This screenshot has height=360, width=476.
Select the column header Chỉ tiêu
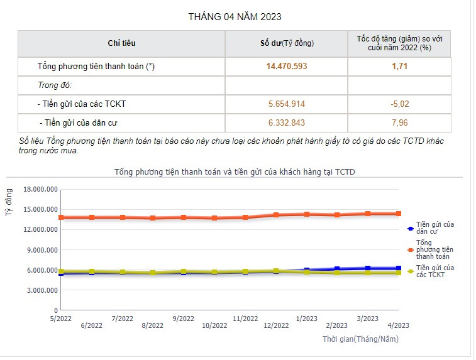[121, 43]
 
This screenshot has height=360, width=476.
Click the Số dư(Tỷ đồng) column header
[287, 43]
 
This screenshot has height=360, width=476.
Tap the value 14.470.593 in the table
[287, 66]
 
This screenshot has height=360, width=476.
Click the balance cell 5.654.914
[287, 104]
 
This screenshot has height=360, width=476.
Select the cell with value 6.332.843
[287, 123]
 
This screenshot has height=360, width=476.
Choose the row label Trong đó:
[55, 85]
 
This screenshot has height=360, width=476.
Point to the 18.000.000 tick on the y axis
[40, 189]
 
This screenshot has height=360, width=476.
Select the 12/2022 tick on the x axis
[276, 325]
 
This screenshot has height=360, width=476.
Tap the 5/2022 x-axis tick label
[61, 319]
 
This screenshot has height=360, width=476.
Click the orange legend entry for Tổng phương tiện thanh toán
[434, 249]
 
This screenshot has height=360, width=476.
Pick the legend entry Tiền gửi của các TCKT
[434, 271]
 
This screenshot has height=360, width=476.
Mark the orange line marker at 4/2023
[398, 214]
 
